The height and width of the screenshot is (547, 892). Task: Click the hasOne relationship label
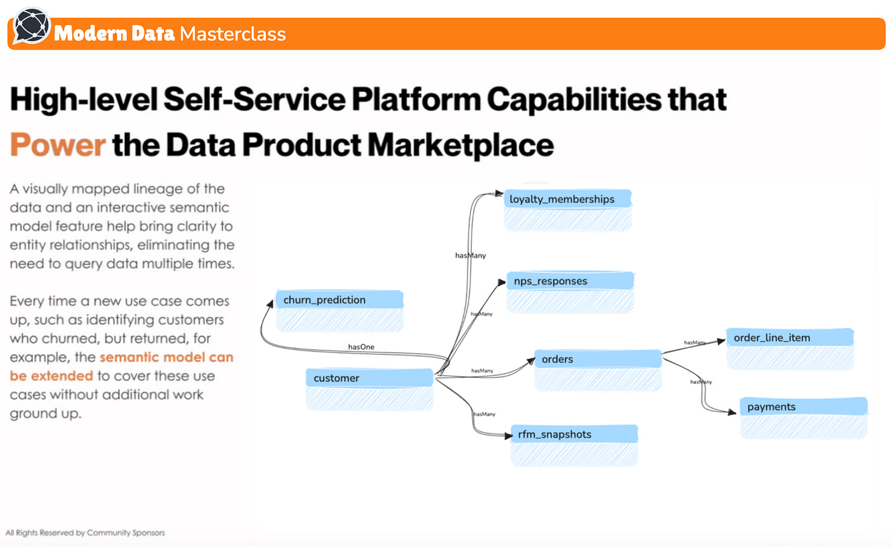(x=361, y=347)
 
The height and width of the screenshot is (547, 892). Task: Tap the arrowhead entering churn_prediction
(x=270, y=303)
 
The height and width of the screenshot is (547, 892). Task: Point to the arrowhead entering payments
(x=732, y=412)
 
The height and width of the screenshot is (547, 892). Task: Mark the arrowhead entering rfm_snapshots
(x=508, y=436)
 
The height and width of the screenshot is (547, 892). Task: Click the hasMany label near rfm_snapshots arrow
(x=485, y=414)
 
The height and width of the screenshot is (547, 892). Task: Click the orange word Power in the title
(x=58, y=145)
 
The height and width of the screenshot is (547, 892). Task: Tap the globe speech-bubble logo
(x=31, y=26)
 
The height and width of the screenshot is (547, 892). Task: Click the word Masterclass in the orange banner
(x=233, y=34)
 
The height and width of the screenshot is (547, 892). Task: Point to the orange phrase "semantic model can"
(x=166, y=357)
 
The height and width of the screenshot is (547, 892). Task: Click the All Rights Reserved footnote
(x=85, y=533)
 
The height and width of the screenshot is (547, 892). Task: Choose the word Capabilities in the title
(x=573, y=100)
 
